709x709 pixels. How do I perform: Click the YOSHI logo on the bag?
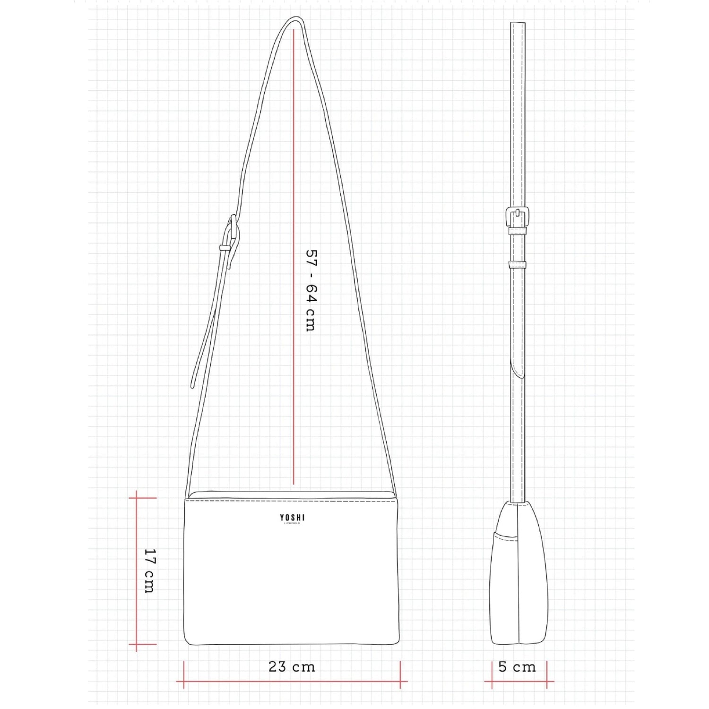[x=292, y=519]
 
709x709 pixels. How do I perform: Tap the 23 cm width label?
[x=292, y=666]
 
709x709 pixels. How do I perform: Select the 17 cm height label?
[x=149, y=571]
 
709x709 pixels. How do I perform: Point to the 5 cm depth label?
[x=517, y=667]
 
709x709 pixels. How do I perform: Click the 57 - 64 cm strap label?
[x=311, y=291]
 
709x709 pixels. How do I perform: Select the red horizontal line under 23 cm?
[x=292, y=682]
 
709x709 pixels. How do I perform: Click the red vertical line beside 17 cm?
[x=137, y=571]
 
